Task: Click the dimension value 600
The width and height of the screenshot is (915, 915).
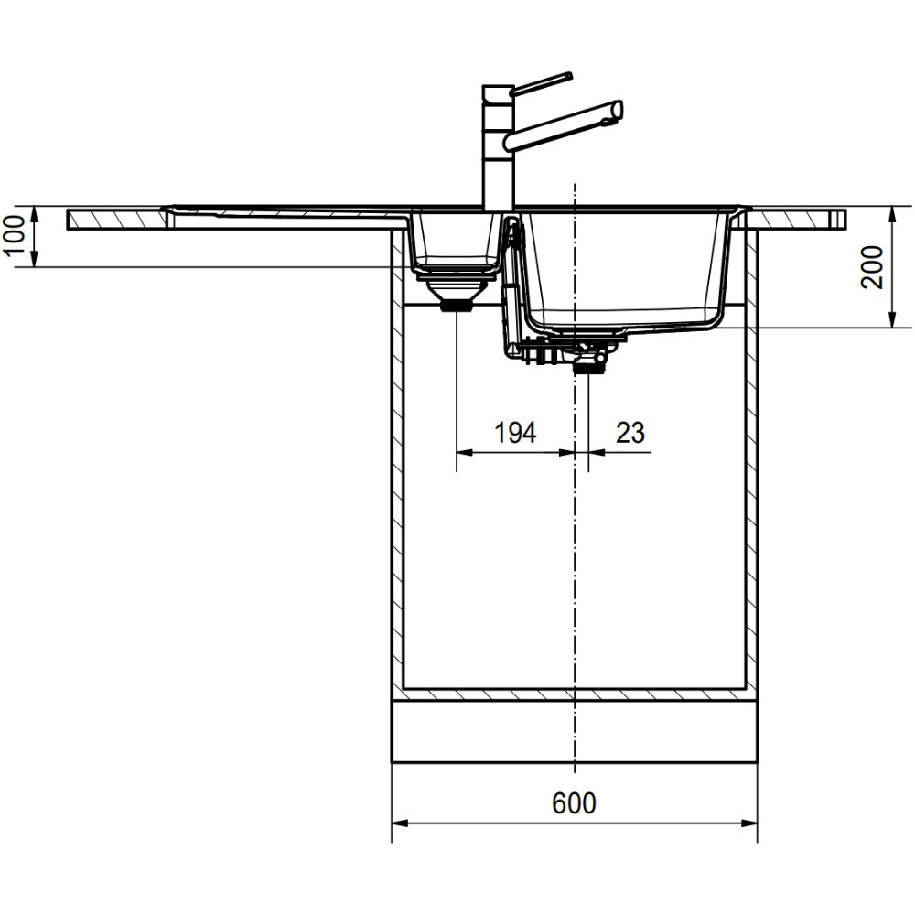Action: coord(575,803)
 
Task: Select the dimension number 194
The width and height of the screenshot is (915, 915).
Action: coord(515,433)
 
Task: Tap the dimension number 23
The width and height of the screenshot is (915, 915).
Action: coord(630,433)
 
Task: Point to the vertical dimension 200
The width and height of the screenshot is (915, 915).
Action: coord(872,267)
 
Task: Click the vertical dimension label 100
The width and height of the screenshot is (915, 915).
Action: coord(15,235)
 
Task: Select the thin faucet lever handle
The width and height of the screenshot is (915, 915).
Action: coord(541,84)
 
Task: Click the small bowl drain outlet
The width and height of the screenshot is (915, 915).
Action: coord(456,306)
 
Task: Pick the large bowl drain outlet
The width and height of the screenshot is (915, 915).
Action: coord(588,367)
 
